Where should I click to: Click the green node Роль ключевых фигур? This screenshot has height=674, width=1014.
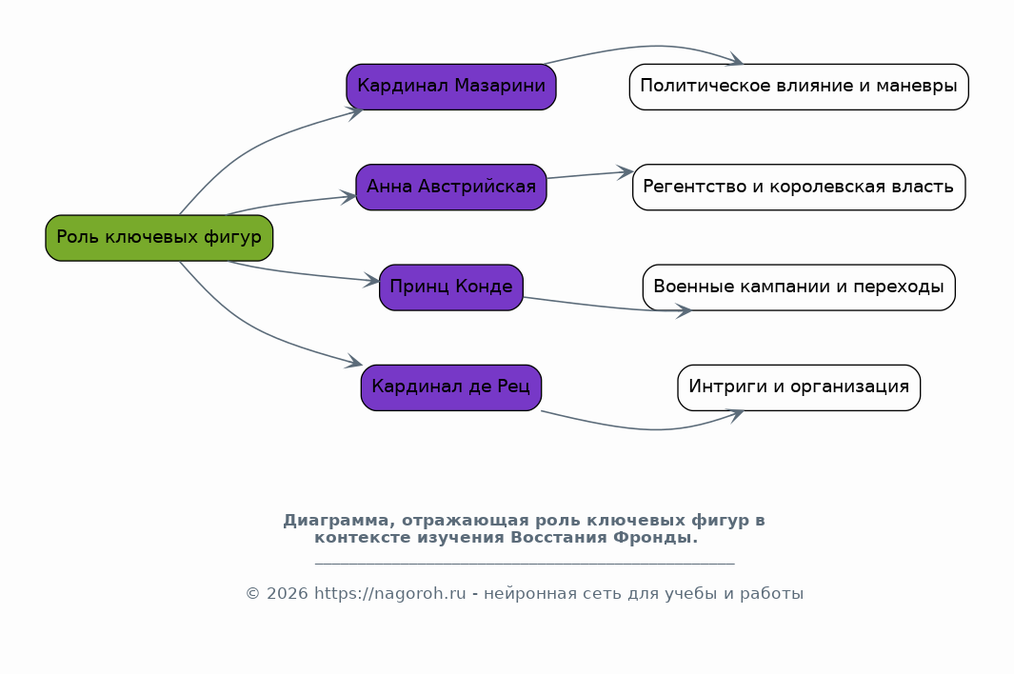159,238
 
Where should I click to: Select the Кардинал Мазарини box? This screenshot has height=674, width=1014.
451,87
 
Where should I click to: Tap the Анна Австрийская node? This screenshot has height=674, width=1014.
451,187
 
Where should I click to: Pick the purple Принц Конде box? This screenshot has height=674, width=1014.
451,287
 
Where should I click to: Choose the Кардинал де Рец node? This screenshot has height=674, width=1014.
451,387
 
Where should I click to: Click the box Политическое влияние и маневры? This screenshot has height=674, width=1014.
799,87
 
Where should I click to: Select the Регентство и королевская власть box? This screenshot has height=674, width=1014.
799,187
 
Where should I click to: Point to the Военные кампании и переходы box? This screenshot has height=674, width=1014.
799,287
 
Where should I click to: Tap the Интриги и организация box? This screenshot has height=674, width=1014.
799,387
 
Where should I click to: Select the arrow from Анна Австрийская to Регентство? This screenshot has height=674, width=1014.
589,174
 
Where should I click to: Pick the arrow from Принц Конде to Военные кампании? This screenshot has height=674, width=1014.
607,307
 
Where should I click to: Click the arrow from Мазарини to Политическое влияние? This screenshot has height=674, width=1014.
646,47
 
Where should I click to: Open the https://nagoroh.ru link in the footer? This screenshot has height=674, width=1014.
390,594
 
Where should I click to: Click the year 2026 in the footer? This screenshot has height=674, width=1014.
288,594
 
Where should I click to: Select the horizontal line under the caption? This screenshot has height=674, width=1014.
525,564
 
